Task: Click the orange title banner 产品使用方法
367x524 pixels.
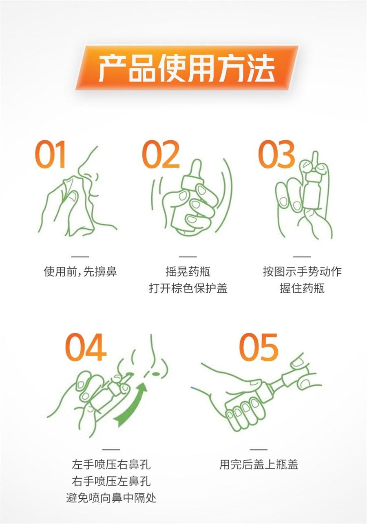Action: pos(187,67)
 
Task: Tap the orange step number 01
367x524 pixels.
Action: pos(50,155)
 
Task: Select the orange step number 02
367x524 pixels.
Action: pos(161,155)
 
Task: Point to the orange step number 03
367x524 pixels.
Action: pos(276,155)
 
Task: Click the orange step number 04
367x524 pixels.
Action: pos(86,347)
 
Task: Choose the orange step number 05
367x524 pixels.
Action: pos(259,347)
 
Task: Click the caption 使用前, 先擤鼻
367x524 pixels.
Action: pos(80,272)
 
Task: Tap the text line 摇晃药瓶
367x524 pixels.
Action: pos(188,272)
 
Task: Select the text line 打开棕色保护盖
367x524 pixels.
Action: pos(188,288)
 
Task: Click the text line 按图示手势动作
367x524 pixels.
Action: pos(302,272)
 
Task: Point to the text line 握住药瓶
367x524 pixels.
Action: pos(302,288)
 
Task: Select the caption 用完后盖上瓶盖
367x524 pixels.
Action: pos(259,464)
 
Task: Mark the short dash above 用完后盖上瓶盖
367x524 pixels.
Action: pos(259,449)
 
